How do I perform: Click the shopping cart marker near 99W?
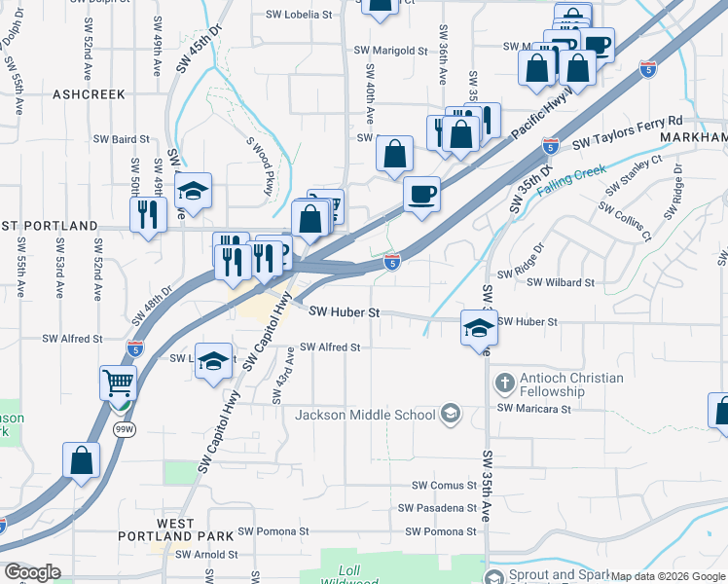(118, 383)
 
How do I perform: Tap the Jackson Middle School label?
(365, 415)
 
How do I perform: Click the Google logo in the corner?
(32, 572)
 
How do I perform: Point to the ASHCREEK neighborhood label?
(90, 94)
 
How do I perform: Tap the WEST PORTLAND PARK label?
(175, 529)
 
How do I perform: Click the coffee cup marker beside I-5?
(420, 195)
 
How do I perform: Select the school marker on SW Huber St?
(479, 328)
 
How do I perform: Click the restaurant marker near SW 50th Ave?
(148, 214)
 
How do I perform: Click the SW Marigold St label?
(390, 50)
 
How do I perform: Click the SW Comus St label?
(444, 485)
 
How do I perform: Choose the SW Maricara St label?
(533, 409)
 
